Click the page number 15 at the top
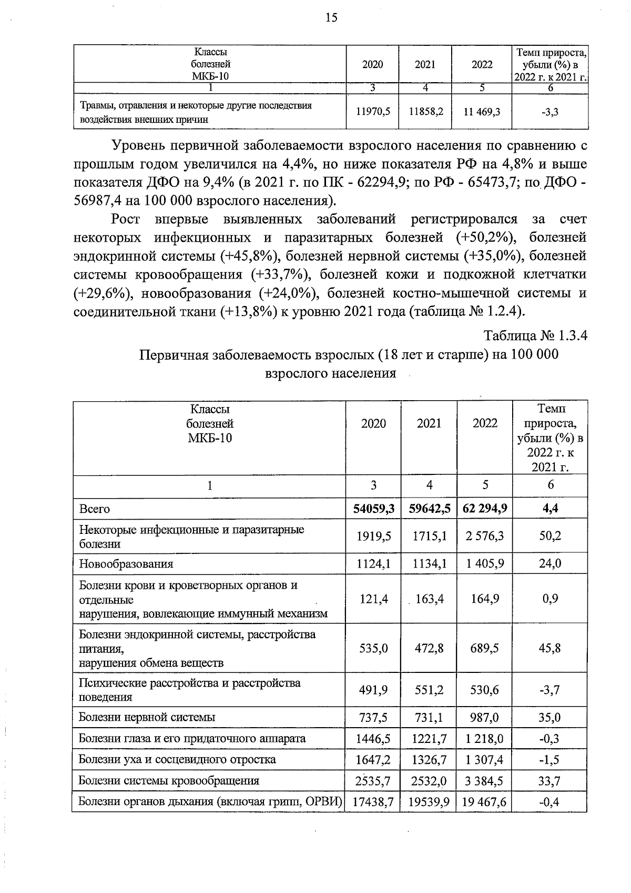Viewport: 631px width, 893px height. pyautogui.click(x=331, y=18)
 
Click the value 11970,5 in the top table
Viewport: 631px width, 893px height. pyautogui.click(x=373, y=112)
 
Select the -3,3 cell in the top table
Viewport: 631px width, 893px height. pyautogui.click(x=550, y=112)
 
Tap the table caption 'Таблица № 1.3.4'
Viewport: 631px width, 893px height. pyautogui.click(x=535, y=336)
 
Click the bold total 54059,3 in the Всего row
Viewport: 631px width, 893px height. pyautogui.click(x=373, y=509)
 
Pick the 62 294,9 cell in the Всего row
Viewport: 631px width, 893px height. pyautogui.click(x=485, y=509)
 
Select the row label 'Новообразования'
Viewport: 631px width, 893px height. pyautogui.click(x=126, y=564)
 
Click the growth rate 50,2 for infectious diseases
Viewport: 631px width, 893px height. pyautogui.click(x=550, y=536)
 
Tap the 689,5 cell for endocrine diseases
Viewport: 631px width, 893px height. pyautogui.click(x=485, y=648)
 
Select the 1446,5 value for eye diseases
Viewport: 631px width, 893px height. pyautogui.click(x=373, y=739)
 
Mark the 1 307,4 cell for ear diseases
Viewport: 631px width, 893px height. pyautogui.click(x=485, y=760)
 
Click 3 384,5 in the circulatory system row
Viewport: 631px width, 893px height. pyautogui.click(x=485, y=781)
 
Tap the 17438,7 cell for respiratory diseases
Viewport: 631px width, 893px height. pyautogui.click(x=373, y=802)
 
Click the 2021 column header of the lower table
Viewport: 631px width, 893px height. pyautogui.click(x=429, y=423)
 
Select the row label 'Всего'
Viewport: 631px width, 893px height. pyautogui.click(x=94, y=509)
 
